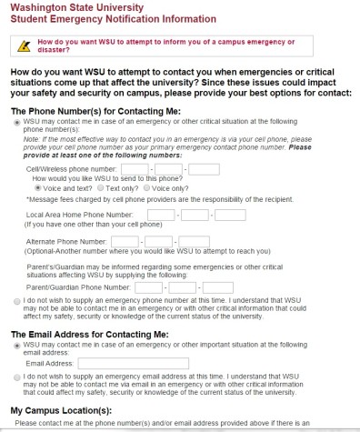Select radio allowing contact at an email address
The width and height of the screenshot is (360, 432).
tap(18, 347)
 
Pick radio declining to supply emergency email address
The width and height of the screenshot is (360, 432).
tap(18, 377)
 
